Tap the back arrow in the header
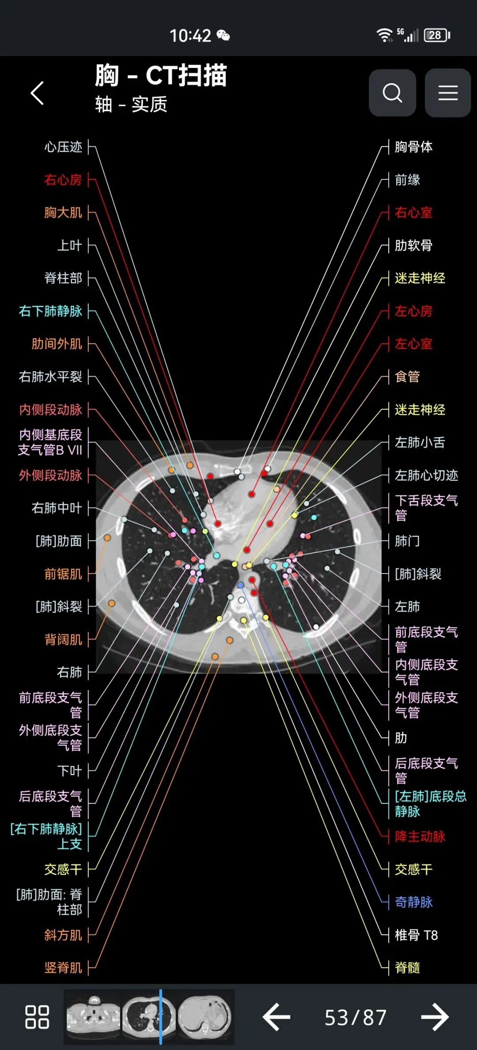point(38,93)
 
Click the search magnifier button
point(392,93)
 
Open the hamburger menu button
point(447,93)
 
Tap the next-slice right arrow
point(435,1017)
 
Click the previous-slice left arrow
point(276,1017)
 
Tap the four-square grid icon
point(37,1017)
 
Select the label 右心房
point(63,180)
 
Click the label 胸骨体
point(413,147)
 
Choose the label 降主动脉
point(420,837)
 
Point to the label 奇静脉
point(413,902)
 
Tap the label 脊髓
point(407,967)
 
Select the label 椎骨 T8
point(416,935)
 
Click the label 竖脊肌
point(63,967)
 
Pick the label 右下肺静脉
point(50,311)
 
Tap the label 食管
point(407,377)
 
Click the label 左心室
point(413,344)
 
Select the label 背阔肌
point(63,639)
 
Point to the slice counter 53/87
point(356,1017)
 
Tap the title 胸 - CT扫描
point(161,76)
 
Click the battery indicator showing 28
point(436,35)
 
